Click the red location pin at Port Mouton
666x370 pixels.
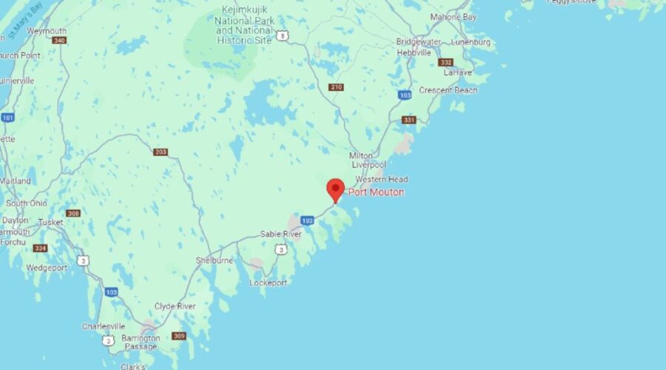click(335, 189)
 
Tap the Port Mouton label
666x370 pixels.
click(377, 192)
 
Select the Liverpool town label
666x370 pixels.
click(363, 165)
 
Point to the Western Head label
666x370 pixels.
click(381, 180)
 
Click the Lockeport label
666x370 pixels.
click(268, 283)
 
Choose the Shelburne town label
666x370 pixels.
click(214, 260)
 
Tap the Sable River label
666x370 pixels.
click(280, 234)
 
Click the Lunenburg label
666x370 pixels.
click(470, 42)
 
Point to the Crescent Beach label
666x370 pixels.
click(448, 90)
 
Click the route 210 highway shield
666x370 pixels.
click(336, 87)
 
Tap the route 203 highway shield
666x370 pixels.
click(161, 152)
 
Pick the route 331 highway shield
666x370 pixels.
click(408, 120)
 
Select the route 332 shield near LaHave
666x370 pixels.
click(445, 62)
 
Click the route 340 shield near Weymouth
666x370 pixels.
click(59, 40)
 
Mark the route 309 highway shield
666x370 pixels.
click(178, 336)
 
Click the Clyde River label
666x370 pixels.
click(175, 306)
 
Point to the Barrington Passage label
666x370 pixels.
click(141, 343)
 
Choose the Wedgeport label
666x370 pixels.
click(46, 268)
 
